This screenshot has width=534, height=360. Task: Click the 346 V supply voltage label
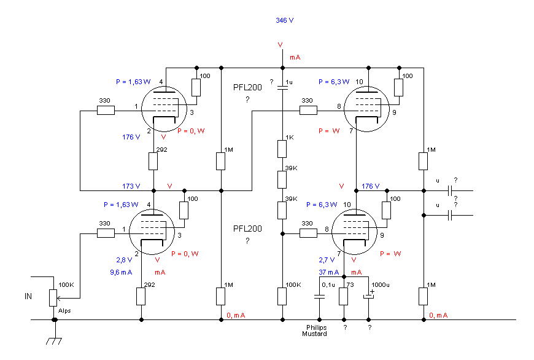click(284, 20)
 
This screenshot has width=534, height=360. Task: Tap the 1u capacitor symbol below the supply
click(282, 88)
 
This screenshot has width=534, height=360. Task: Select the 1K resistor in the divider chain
click(282, 149)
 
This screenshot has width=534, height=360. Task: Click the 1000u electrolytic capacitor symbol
click(368, 296)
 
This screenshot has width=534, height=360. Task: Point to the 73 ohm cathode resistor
click(344, 296)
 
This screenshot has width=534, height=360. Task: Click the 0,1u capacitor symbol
click(319, 296)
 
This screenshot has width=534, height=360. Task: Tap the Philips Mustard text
click(314, 331)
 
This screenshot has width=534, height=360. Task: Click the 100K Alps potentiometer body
click(53, 298)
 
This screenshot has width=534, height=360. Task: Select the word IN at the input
click(28, 296)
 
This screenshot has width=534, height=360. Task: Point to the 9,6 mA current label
click(121, 272)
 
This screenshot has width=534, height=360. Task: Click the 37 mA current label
click(328, 272)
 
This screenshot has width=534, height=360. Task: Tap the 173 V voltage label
click(131, 187)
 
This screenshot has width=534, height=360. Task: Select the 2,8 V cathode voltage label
click(124, 260)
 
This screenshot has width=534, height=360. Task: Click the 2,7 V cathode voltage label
click(327, 260)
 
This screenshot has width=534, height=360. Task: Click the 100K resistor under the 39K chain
click(282, 296)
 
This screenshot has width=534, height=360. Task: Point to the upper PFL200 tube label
click(247, 88)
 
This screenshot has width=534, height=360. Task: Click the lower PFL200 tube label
click(247, 229)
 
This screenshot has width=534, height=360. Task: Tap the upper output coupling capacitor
click(450, 191)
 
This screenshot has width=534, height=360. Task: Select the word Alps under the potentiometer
click(64, 311)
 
